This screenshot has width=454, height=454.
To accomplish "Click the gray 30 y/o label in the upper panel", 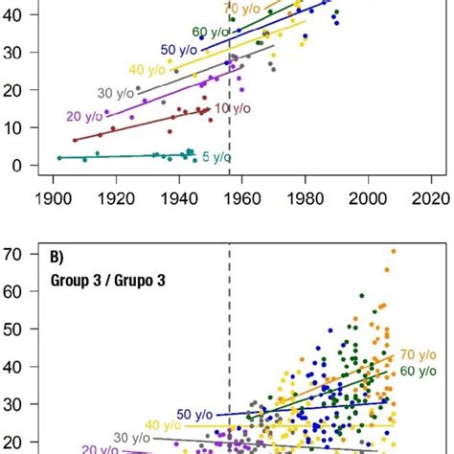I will pos(115,93).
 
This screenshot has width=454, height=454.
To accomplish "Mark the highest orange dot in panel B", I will pos(393,252).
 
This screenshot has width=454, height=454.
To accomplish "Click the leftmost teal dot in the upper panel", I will pos(59,157).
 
